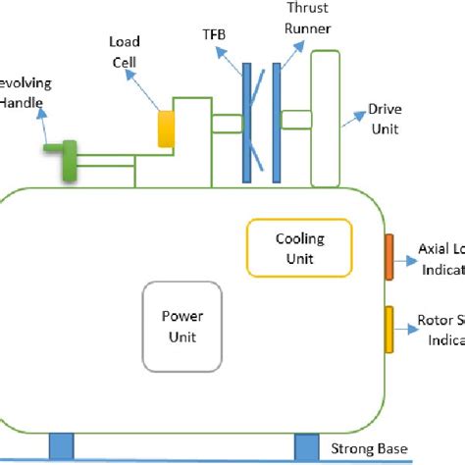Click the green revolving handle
[68, 160]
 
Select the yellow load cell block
[166, 128]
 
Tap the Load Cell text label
[124, 52]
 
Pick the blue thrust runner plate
[277, 123]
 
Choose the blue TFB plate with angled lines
[247, 123]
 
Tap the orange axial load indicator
[388, 256]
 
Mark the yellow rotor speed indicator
[388, 330]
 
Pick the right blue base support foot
[308, 446]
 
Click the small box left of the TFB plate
[227, 124]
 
